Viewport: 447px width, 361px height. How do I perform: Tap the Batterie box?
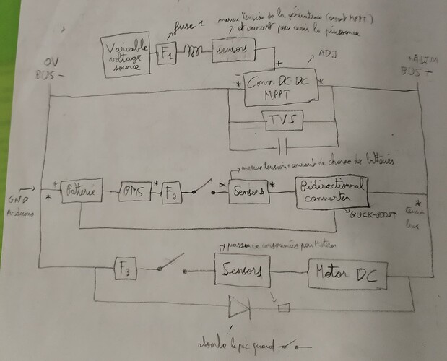click(80, 192)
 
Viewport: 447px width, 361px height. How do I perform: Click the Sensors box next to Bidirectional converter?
click(246, 191)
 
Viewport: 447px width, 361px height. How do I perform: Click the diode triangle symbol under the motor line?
click(239, 307)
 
